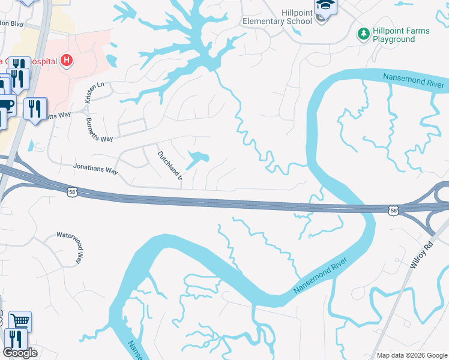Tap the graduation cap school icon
point(326,7)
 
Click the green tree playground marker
point(363,34)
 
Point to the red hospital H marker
point(67,61)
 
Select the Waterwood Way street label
point(69,248)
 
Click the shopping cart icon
point(20,321)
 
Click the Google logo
point(20,353)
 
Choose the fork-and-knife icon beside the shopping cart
point(14,339)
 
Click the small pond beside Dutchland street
point(197,159)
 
